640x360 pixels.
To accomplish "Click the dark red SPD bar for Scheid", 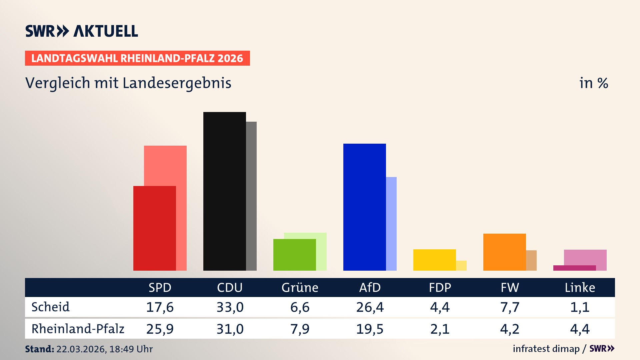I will [x=154, y=228].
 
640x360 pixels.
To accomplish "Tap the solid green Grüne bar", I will [x=294, y=255].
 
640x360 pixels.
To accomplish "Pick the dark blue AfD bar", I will [x=364, y=207].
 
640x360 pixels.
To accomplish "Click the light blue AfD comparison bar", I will [x=391, y=224].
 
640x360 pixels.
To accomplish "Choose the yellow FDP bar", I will [x=434, y=260].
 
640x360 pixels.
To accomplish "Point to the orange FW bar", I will [x=504, y=252].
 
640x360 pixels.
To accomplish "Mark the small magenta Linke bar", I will [x=574, y=268].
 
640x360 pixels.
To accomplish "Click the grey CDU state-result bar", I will [x=251, y=196].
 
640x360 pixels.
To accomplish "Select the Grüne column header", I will [x=300, y=288].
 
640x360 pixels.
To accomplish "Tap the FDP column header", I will [x=440, y=288].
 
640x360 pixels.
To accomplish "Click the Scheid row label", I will [x=50, y=307].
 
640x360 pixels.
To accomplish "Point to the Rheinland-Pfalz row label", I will [x=78, y=329].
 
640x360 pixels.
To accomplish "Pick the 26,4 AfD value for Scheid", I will [x=370, y=307].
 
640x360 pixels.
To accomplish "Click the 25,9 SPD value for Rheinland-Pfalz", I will [x=160, y=329].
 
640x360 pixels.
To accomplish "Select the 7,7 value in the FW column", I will [x=510, y=307].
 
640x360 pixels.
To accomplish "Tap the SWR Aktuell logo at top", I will [x=82, y=31].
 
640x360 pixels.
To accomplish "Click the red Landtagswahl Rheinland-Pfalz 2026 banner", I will [x=137, y=58].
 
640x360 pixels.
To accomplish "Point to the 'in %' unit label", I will [x=593, y=83].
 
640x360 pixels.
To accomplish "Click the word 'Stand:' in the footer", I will [x=39, y=349].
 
